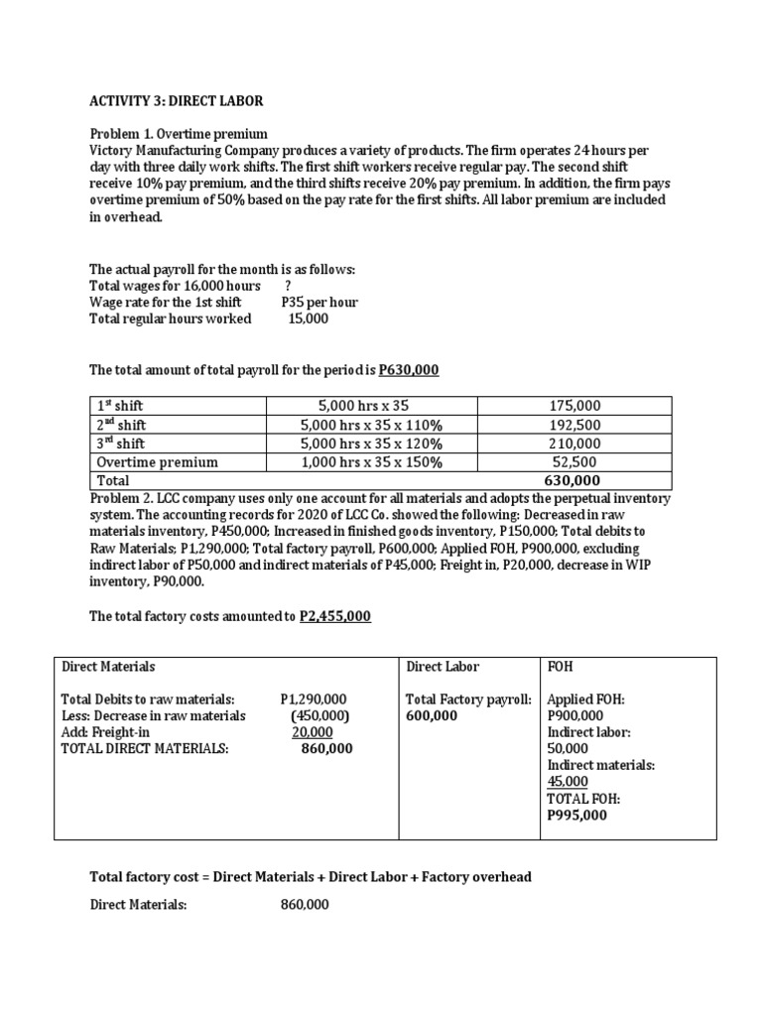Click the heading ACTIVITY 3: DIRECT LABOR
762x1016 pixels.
(x=177, y=101)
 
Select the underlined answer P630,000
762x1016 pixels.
(x=409, y=370)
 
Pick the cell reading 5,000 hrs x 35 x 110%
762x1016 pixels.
(x=371, y=425)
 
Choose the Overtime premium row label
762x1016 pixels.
(x=157, y=462)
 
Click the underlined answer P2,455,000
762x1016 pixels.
(x=335, y=616)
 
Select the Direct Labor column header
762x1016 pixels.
(x=443, y=667)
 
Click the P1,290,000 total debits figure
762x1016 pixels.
(x=315, y=699)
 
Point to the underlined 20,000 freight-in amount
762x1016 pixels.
(x=312, y=732)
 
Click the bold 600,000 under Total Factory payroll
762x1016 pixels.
(x=433, y=715)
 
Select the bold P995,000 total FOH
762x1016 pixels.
(x=576, y=816)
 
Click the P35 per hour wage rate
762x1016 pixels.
(x=319, y=302)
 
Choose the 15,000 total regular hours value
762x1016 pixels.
(x=308, y=318)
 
